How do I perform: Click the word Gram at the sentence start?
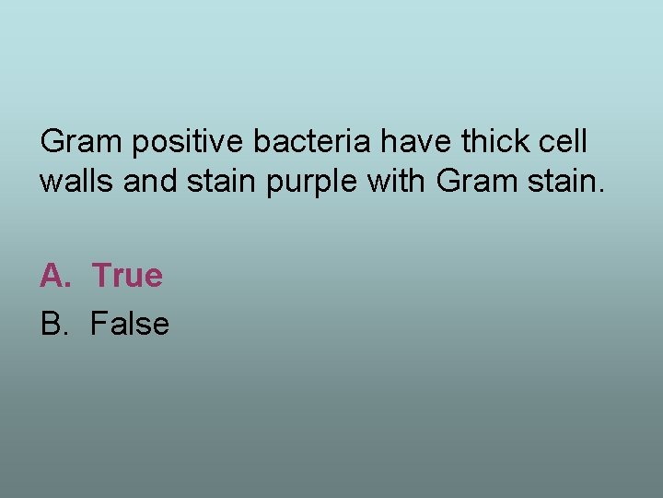click(x=81, y=142)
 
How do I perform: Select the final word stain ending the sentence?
click(x=562, y=181)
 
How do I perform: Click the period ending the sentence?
click(x=602, y=191)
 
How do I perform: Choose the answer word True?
click(x=127, y=275)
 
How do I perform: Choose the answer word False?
click(x=130, y=324)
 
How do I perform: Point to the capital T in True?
click(x=100, y=275)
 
